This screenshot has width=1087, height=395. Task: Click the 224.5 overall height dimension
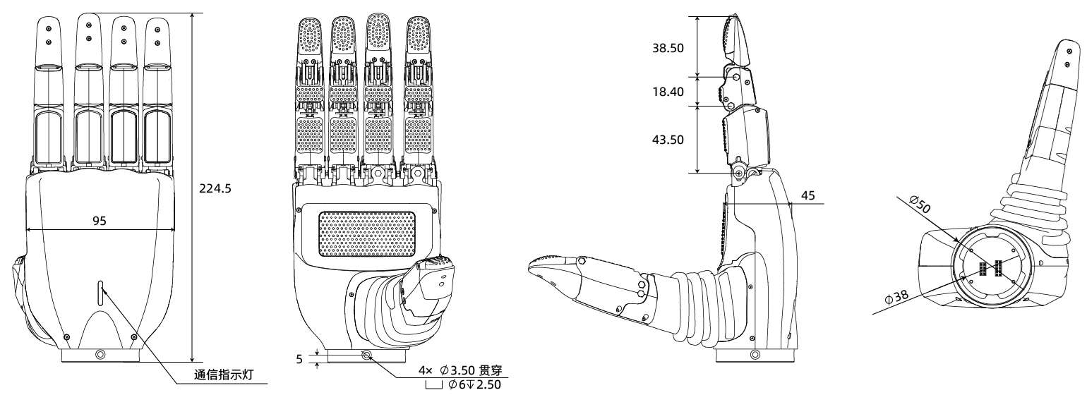pyautogui.click(x=215, y=188)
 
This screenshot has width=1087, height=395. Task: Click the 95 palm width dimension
pyautogui.click(x=99, y=221)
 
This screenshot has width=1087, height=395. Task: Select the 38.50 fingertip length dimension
pyautogui.click(x=668, y=48)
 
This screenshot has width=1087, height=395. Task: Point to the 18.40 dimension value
pyautogui.click(x=668, y=92)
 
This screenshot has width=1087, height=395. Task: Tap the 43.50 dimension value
pyautogui.click(x=668, y=140)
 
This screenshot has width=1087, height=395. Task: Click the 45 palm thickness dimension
pyautogui.click(x=807, y=195)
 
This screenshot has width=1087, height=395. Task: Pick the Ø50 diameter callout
pyautogui.click(x=920, y=204)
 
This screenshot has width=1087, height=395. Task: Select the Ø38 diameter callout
pyautogui.click(x=896, y=297)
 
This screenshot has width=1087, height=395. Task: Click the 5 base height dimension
pyautogui.click(x=299, y=359)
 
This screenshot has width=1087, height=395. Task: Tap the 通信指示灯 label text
pyautogui.click(x=224, y=375)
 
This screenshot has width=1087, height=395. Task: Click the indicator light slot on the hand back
pyautogui.click(x=100, y=293)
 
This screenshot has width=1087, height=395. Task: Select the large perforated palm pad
pyautogui.click(x=367, y=233)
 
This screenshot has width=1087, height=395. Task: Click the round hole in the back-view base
pyautogui.click(x=100, y=355)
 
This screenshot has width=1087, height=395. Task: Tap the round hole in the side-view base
pyautogui.click(x=755, y=355)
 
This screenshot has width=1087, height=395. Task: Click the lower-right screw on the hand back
pyautogui.click(x=133, y=336)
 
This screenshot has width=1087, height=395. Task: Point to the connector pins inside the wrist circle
pyautogui.click(x=990, y=268)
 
